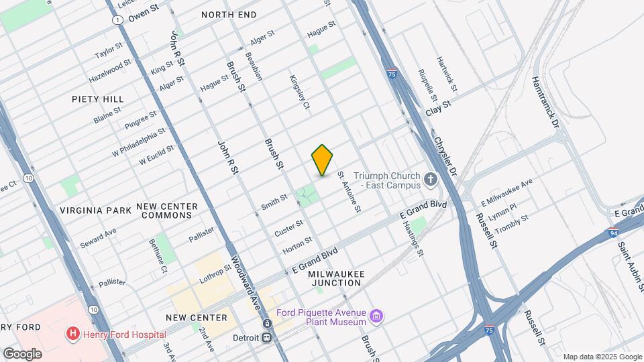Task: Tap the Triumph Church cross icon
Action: pyautogui.click(x=431, y=180)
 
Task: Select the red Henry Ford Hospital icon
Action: pyautogui.click(x=71, y=333)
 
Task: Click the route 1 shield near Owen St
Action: pyautogui.click(x=118, y=21)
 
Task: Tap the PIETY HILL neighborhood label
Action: pyautogui.click(x=98, y=99)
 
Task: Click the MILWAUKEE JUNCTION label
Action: pyautogui.click(x=335, y=278)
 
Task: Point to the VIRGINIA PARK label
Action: pyautogui.click(x=95, y=210)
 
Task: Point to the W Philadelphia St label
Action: pyautogui.click(x=138, y=141)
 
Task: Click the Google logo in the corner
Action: pyautogui.click(x=21, y=353)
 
